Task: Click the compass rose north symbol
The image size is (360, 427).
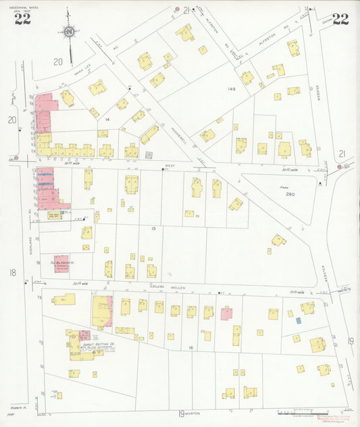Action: point(68,30)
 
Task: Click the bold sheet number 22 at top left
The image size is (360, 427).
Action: point(22,19)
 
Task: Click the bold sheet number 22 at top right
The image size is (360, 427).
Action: point(340,19)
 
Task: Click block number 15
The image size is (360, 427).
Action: point(154,229)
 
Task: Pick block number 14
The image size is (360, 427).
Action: point(107,119)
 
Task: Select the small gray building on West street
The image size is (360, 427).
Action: point(149,155)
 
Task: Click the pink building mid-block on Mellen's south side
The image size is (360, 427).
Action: point(226,313)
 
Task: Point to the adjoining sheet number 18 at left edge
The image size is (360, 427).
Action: point(12,272)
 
